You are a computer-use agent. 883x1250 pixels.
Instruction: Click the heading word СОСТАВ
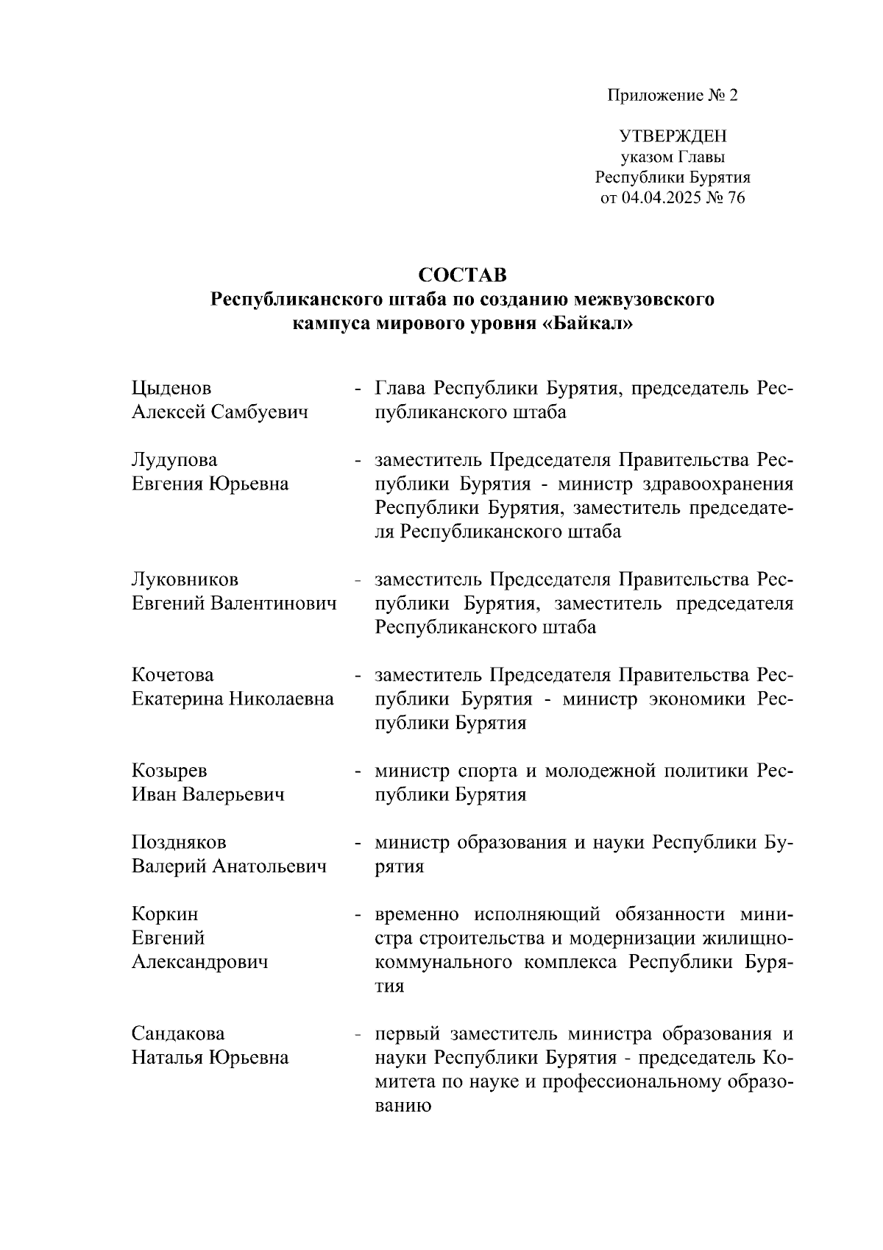[x=462, y=275]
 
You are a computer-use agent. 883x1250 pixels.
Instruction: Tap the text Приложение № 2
[x=672, y=96]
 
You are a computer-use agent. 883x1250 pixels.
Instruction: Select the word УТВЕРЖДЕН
[x=673, y=137]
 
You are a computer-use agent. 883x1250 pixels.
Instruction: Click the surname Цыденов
[x=171, y=388]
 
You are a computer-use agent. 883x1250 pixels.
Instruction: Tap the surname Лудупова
[x=174, y=460]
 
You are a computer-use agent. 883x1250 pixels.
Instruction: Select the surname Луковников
[x=185, y=579]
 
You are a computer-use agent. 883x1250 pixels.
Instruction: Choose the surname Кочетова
[x=173, y=675]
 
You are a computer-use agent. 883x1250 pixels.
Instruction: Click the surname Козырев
[x=169, y=771]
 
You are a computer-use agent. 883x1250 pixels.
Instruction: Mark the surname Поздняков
[x=179, y=842]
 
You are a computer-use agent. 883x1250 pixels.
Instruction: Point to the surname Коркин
[x=165, y=914]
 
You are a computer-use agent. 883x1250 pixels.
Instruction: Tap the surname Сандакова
[x=178, y=1034]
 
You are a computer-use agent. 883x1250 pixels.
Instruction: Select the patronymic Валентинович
[x=274, y=604]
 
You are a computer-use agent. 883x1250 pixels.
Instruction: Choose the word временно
[x=417, y=914]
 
